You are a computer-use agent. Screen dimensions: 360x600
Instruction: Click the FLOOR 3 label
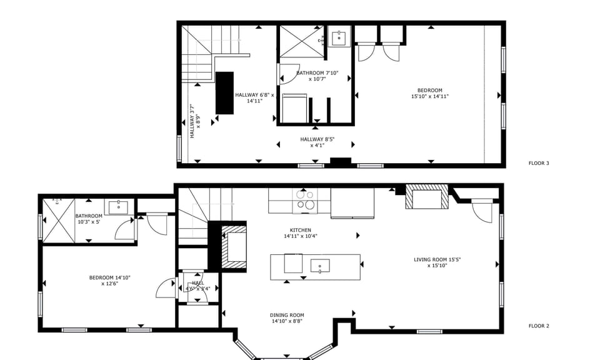tap(538, 164)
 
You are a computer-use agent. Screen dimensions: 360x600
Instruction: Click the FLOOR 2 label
tap(538, 326)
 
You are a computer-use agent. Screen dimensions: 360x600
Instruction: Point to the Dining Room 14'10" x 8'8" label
tap(287, 318)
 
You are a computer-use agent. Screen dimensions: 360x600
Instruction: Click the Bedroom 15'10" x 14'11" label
tap(430, 93)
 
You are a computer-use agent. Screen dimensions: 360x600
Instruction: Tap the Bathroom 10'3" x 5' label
tap(89, 219)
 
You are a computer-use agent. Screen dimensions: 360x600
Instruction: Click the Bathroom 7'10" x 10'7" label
tap(317, 76)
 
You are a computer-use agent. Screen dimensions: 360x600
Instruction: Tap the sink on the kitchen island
tap(320, 266)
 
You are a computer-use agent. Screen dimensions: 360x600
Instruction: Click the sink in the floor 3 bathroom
tap(339, 37)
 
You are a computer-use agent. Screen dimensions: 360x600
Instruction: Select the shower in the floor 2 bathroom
tap(57, 218)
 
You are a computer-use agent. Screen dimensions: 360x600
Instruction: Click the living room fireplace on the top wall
tap(427, 198)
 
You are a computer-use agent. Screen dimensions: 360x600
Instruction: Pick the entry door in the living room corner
tap(482, 211)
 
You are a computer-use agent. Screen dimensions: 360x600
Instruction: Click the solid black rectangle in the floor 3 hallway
tap(224, 92)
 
